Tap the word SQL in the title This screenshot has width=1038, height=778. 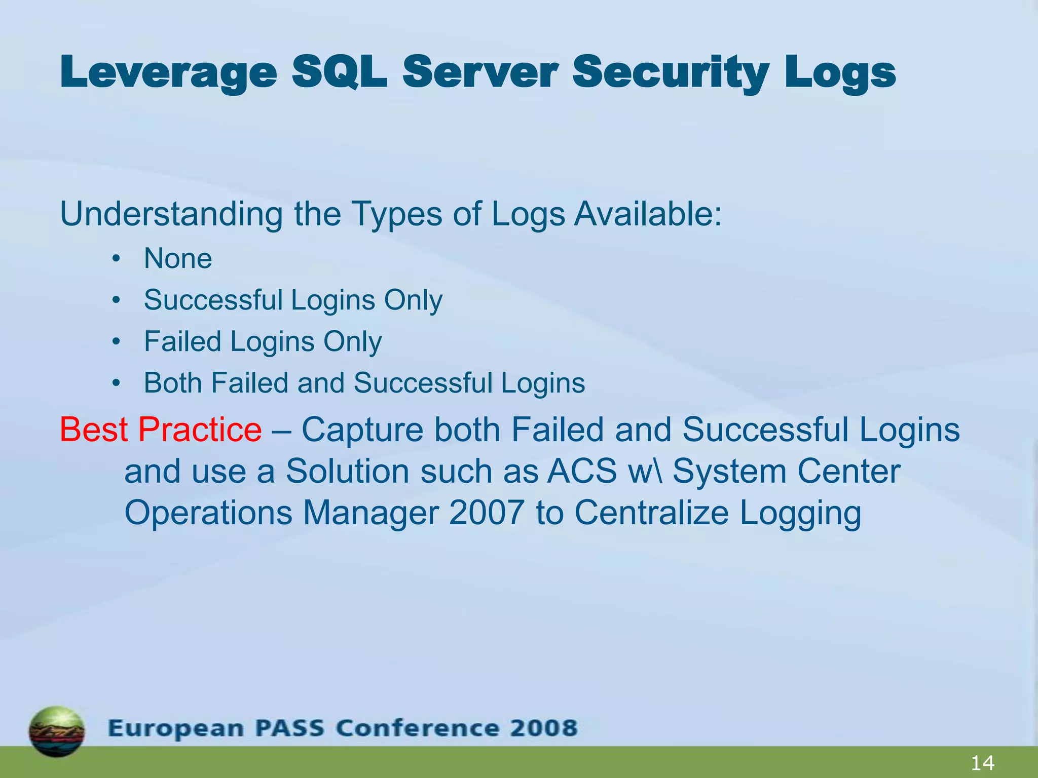tap(339, 72)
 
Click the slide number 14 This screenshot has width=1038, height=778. tap(982, 763)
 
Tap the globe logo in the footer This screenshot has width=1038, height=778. tap(57, 731)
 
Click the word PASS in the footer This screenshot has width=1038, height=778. tap(289, 728)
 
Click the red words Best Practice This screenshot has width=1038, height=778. tap(161, 430)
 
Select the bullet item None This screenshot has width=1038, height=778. tap(178, 258)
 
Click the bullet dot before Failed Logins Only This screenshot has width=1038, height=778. tap(117, 342)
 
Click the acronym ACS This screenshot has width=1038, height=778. tap(582, 471)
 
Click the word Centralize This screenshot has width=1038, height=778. tap(651, 513)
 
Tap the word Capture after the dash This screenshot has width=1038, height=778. tap(362, 430)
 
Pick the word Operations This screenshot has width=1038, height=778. tap(208, 513)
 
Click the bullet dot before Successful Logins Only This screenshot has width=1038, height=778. tap(117, 300)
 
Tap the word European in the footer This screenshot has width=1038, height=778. tap(175, 728)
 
